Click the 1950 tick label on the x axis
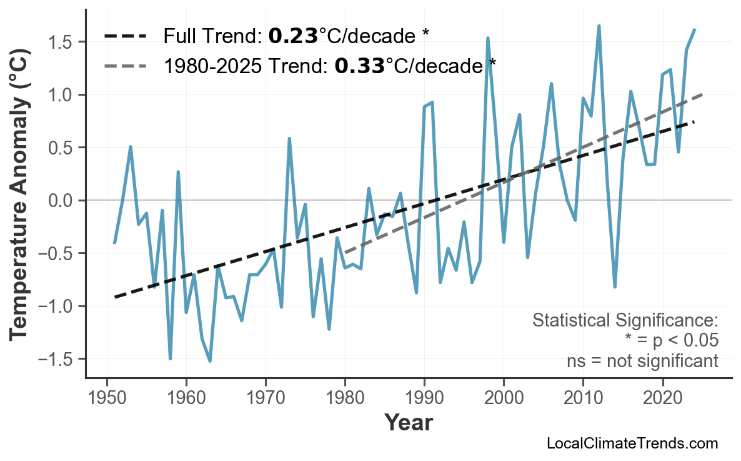(107, 398)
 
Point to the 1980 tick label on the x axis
(345, 398)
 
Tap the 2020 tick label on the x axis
(662, 398)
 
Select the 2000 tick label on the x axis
(504, 398)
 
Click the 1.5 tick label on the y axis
(62, 42)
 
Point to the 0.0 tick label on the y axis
(62, 201)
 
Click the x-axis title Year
(408, 423)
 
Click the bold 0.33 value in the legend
(359, 65)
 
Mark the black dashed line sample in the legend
(125, 36)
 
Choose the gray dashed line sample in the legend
(125, 66)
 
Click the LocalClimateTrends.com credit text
(632, 444)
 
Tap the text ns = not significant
(642, 361)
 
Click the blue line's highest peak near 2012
(599, 26)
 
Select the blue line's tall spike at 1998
(488, 38)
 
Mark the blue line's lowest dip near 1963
(210, 361)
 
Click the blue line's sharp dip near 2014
(615, 286)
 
